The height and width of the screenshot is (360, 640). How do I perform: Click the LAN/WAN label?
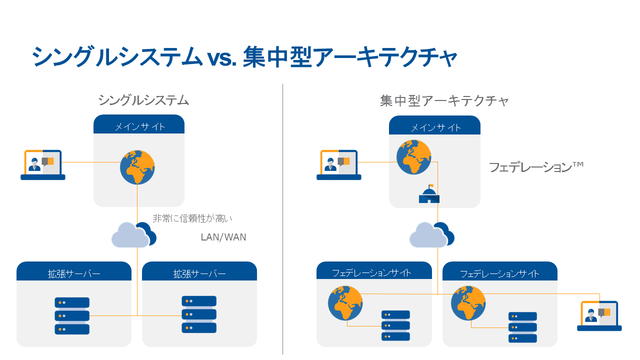click(x=223, y=237)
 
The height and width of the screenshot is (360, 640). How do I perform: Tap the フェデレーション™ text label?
click(x=536, y=167)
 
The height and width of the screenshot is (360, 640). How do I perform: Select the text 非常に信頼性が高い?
click(x=192, y=218)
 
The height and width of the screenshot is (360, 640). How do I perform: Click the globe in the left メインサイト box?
click(x=137, y=167)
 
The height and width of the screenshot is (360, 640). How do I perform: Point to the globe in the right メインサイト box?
click(x=413, y=157)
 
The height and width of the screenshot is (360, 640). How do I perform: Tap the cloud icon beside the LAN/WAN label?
click(x=133, y=234)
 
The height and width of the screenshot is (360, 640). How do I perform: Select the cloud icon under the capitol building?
click(x=431, y=234)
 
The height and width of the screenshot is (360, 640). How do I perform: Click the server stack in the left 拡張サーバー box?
click(x=72, y=315)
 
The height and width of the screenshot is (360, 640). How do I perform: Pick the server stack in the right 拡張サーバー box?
click(x=199, y=314)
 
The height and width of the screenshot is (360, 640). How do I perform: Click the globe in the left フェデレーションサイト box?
click(x=345, y=303)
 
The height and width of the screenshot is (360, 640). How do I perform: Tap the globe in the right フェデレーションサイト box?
click(x=468, y=303)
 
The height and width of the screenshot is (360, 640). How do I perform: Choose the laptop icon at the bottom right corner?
click(x=599, y=316)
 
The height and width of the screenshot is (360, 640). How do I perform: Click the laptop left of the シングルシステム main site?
click(x=43, y=165)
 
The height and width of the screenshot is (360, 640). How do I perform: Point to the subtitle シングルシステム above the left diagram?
click(x=143, y=100)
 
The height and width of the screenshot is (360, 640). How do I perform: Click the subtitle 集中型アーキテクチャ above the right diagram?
click(x=444, y=101)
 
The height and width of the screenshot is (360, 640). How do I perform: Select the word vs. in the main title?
click(x=222, y=58)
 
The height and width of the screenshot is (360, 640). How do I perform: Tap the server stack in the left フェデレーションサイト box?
click(x=395, y=325)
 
